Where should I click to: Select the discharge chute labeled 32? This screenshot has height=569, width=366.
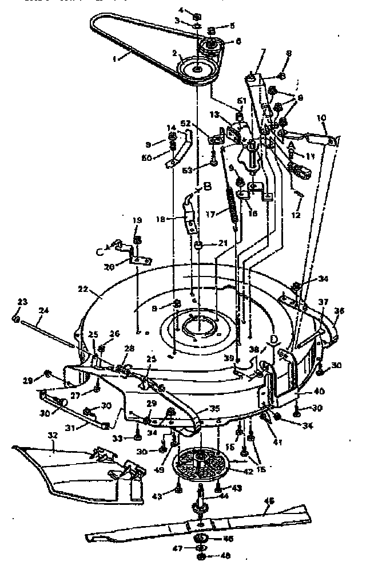coord(86,467)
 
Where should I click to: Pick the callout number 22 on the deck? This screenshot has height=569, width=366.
coord(83,289)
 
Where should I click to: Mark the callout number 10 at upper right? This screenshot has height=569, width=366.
coord(322,117)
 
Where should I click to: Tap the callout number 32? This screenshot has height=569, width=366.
coord(54,435)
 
